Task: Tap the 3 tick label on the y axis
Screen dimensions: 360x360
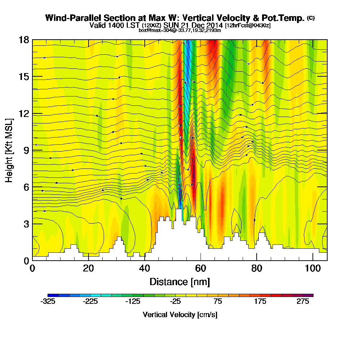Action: tap(26, 224)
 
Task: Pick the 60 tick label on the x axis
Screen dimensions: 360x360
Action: tap(201, 269)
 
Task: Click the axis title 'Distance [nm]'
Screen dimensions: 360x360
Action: tap(180, 282)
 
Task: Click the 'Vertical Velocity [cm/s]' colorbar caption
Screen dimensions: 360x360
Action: tap(180, 315)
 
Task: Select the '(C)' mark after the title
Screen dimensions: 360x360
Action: tap(311, 18)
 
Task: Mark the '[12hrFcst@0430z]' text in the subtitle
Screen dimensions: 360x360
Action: tap(248, 26)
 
